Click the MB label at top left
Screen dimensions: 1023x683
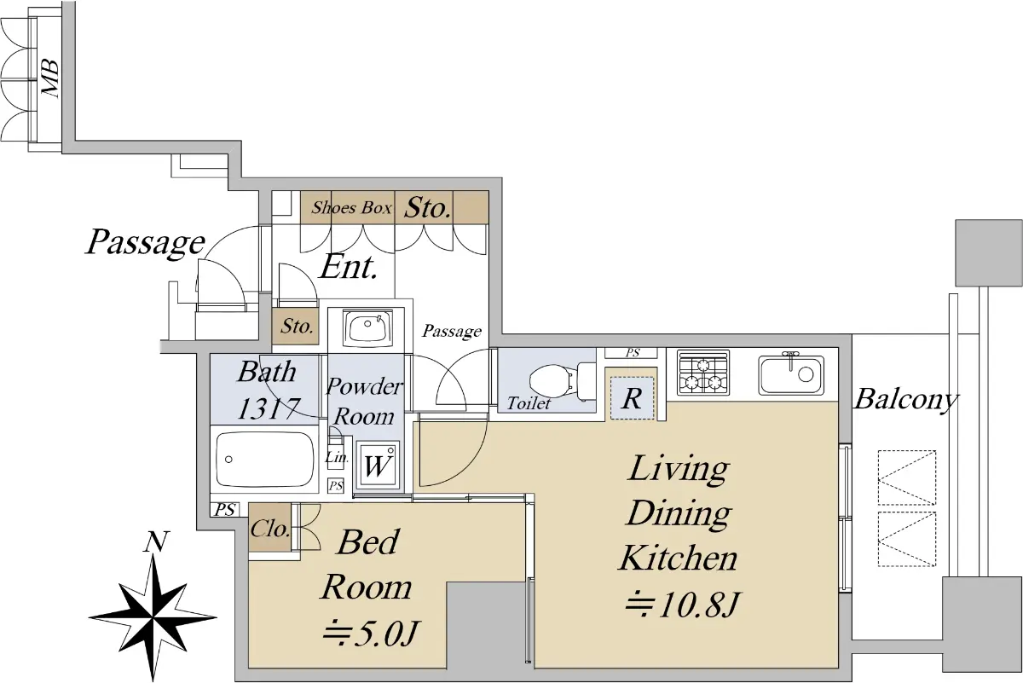[x=50, y=78]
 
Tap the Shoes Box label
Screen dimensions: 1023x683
[x=351, y=208]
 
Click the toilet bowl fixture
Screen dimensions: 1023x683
[x=563, y=381]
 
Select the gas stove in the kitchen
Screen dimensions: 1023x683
[x=702, y=373]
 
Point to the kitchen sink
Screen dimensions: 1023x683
[x=791, y=374]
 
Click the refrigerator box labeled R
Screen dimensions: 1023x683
[x=632, y=398]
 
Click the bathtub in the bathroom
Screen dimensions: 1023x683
[x=264, y=459]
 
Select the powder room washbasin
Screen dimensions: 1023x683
[x=367, y=327]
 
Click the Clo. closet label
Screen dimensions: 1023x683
[x=270, y=529]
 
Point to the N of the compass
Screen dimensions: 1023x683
[x=156, y=542]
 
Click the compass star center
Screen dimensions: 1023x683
[x=153, y=617]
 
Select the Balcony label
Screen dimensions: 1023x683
[x=906, y=400]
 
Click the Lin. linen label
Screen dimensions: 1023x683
[x=337, y=457]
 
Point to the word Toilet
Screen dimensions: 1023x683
[x=529, y=403]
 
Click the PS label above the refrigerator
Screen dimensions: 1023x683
[x=633, y=353]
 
